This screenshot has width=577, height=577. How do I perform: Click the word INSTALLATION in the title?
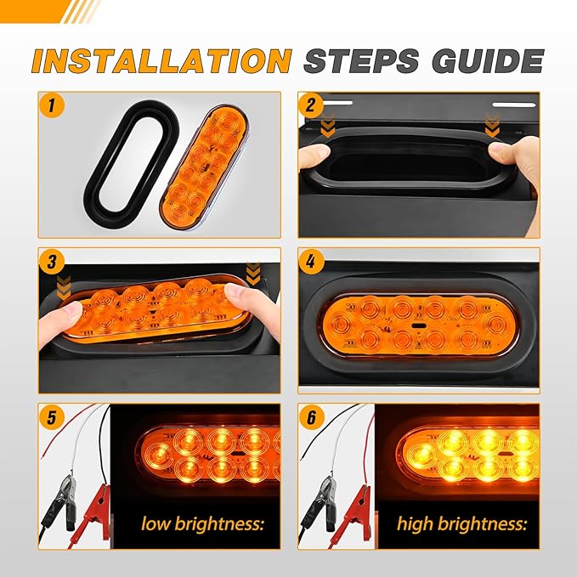point(161,60)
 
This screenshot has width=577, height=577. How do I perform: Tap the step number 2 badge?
point(313,106)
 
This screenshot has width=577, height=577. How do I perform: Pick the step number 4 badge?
point(313,263)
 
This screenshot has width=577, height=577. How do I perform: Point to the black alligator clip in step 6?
point(320,510)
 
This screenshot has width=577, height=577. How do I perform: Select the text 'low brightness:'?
point(203,522)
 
